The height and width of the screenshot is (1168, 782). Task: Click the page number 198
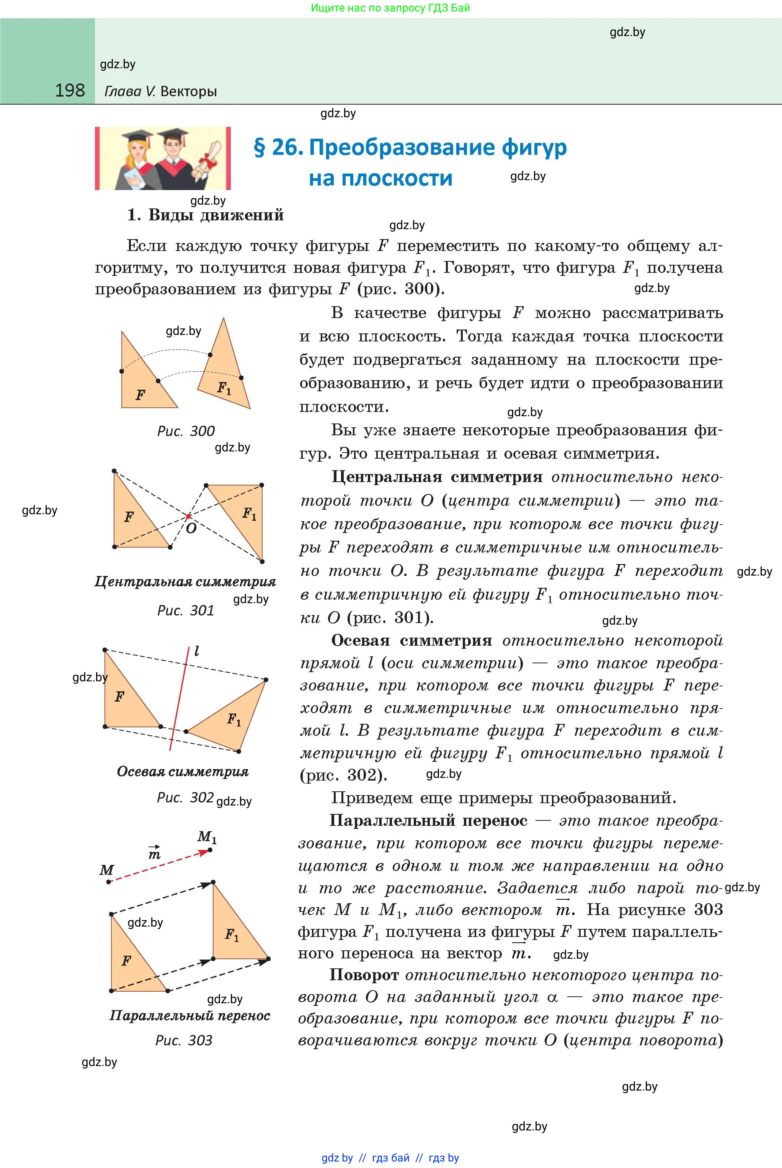[x=70, y=90]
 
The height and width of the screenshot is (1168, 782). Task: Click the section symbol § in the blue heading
[x=260, y=148]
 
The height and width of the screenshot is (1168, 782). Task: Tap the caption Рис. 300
[x=186, y=431]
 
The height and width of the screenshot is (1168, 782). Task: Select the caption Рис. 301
[x=186, y=610]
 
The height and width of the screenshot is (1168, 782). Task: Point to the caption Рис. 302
[x=185, y=797]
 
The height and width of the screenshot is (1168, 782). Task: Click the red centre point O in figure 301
[x=188, y=516]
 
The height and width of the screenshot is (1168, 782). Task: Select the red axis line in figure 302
[x=179, y=699]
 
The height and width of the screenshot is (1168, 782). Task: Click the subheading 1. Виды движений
[x=206, y=215]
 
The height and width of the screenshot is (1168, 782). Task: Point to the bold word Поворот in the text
[x=364, y=975]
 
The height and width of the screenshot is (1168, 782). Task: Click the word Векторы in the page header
[x=189, y=91]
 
